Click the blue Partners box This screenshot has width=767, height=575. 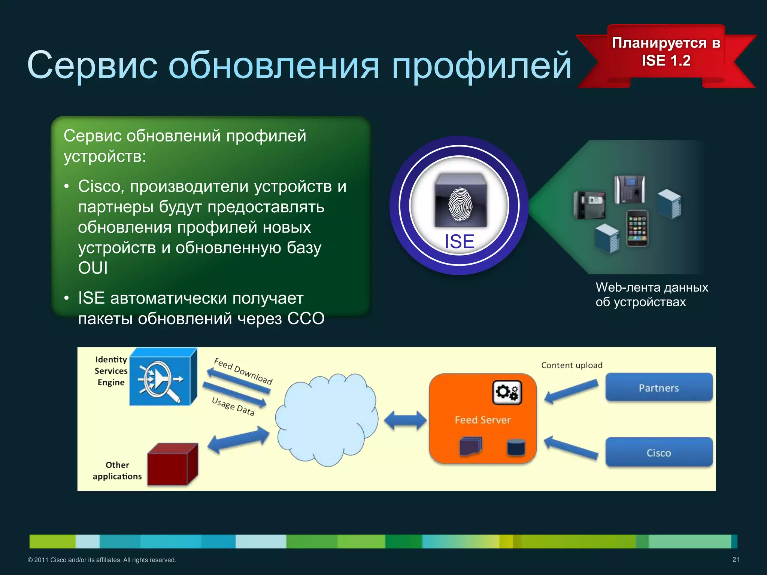659,388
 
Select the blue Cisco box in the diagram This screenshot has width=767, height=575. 659,453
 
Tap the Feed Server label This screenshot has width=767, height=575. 482,420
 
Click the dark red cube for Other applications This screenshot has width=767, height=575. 172,464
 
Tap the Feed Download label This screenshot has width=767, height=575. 243,371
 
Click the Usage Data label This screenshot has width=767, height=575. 233,407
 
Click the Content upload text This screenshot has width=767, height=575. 572,365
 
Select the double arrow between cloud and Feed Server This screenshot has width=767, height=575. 405,420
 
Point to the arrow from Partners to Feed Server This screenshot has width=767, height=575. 571,391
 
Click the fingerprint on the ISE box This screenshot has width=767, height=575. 460,204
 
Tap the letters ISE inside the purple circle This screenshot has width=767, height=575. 459,241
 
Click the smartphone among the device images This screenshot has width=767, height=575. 637,228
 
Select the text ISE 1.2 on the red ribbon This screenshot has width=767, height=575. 666,61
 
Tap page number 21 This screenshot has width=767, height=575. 736,560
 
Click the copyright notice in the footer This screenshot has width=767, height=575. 102,560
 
